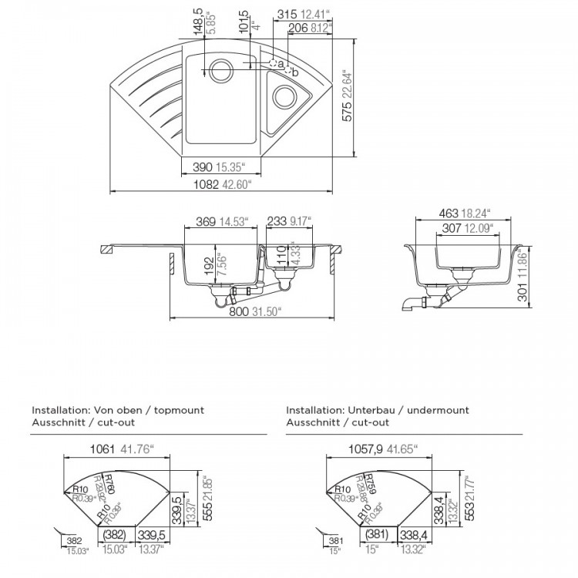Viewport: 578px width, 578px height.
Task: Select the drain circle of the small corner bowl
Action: coord(283,98)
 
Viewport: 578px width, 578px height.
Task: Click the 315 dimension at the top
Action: coord(287,14)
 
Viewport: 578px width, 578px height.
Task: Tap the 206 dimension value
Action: coord(297,29)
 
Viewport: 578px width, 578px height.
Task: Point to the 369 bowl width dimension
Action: coord(205,222)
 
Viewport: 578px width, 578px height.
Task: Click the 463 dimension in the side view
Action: coord(446,213)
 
